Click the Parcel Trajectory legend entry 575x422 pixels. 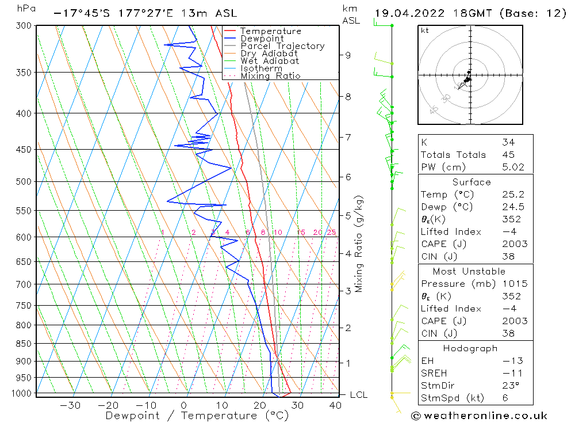282,46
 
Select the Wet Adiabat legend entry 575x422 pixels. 270,61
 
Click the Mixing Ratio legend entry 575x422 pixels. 270,76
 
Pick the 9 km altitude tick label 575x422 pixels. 348,55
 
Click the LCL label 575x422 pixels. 358,395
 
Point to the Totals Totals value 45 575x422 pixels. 508,155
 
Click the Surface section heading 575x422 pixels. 471,183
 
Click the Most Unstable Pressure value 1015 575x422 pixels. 512,284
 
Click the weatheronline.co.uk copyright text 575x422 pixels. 479,416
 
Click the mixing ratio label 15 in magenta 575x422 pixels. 301,233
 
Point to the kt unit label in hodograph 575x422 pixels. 425,31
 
